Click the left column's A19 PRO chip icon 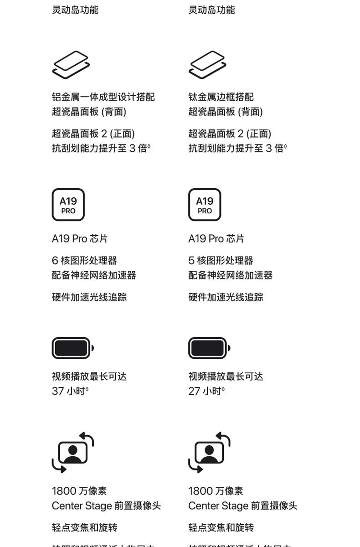coord(68,205)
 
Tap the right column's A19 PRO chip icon coord(205,205)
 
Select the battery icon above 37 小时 coord(72,348)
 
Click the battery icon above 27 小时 coord(209,348)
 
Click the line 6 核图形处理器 coord(84,261)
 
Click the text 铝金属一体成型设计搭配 coord(103,97)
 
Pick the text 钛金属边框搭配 coord(221,97)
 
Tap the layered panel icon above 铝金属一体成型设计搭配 coord(71,65)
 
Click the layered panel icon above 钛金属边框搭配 coord(207,65)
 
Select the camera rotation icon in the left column coord(73,452)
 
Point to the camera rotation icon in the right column coord(209,452)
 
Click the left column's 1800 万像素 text coord(79,491)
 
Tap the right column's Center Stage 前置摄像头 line coord(242,506)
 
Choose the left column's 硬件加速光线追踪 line coord(89,297)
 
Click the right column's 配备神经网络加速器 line coord(231,275)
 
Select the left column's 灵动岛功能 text coord(75,10)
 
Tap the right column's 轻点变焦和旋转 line coord(221,527)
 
